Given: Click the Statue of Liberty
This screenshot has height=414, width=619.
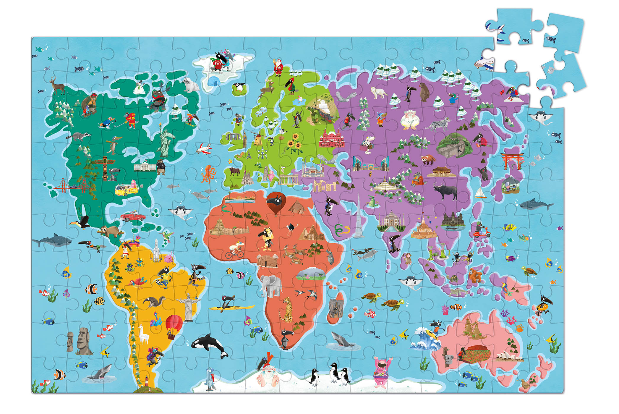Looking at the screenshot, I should tap(164, 141).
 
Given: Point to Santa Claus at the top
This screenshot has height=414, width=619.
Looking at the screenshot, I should tap(278, 68).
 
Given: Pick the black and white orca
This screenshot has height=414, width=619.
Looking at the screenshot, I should tap(210, 345).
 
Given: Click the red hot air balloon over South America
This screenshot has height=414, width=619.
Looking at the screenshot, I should tap(174, 325).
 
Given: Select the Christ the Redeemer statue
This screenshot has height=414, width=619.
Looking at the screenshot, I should tap(188, 306).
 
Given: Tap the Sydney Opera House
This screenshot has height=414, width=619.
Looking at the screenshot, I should tap(509, 356).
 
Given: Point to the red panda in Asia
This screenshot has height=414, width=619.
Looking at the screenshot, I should tap(427, 159).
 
